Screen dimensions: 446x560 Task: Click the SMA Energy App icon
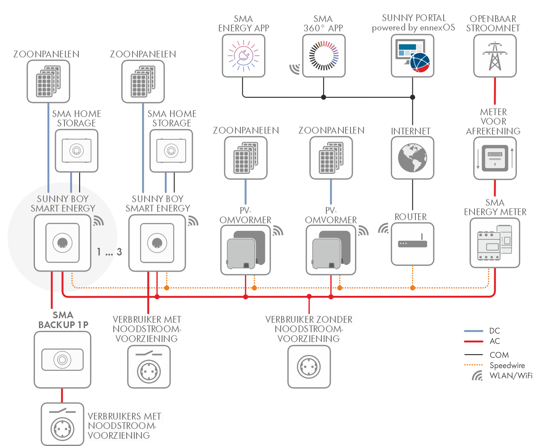point(244,56)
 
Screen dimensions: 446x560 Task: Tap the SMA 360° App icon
point(324,56)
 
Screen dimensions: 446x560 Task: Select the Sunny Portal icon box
point(412,56)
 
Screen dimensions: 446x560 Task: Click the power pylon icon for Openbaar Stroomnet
point(495,56)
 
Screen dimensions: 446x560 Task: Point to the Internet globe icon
point(412,158)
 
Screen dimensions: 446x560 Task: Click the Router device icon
point(412,244)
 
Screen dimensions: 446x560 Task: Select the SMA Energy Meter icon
point(495,243)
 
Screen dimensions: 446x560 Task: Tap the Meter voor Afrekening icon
point(495,158)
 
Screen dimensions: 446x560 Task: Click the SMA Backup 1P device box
point(62,359)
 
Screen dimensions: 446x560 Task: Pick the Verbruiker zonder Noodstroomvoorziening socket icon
point(309,367)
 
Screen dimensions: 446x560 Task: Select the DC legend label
point(495,331)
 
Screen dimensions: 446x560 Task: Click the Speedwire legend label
point(507,365)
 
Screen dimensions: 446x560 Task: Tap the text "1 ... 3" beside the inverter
point(109,252)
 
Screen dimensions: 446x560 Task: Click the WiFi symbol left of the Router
point(383,229)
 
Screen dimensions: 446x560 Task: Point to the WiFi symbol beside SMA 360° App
point(295,69)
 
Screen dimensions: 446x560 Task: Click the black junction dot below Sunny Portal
point(413,97)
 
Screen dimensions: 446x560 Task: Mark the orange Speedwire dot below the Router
point(413,288)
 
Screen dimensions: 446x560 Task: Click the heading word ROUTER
point(410,217)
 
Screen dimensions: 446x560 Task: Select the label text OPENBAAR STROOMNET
point(493,23)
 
